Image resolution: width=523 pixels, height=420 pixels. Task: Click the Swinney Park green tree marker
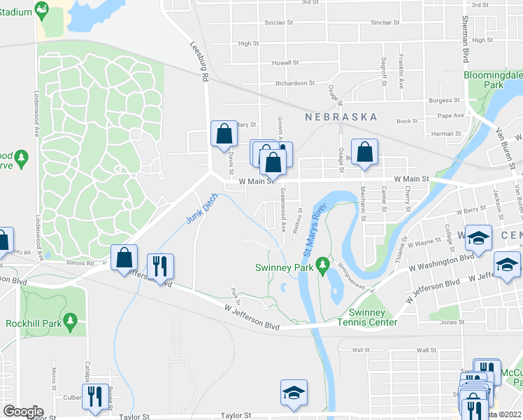(322, 265)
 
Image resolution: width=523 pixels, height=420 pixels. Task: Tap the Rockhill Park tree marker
(70, 321)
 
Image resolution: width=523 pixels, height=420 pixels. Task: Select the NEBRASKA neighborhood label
(341, 117)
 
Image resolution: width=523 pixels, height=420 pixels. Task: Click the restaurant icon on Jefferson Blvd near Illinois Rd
(161, 267)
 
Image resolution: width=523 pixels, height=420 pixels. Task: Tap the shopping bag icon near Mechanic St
(364, 152)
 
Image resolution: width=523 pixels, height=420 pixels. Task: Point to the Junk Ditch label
(202, 209)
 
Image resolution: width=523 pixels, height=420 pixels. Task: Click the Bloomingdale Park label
(493, 79)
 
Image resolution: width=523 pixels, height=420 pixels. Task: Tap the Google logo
(23, 412)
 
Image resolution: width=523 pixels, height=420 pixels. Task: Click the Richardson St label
(295, 83)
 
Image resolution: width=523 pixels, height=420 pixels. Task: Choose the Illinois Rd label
(80, 263)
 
